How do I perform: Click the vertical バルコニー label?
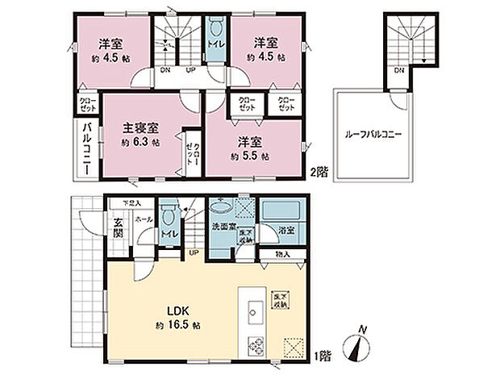[x=85, y=149]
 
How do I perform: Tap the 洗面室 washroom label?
[x=222, y=227]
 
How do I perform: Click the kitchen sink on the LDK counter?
[x=253, y=310]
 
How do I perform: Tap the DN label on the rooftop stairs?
[x=399, y=70]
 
